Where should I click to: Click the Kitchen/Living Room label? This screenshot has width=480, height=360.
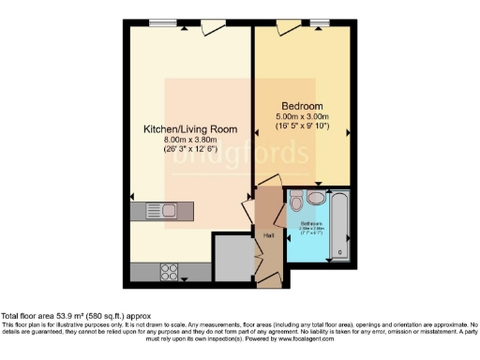click(189, 128)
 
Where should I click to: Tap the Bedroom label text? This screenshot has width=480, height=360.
click(302, 105)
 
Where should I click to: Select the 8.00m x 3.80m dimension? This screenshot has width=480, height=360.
click(189, 140)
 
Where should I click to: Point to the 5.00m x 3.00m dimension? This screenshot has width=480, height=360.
click(302, 116)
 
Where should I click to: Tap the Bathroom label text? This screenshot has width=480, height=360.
click(310, 223)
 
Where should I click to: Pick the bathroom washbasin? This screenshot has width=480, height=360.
click(315, 200)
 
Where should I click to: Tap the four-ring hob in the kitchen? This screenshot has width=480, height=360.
click(172, 272)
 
